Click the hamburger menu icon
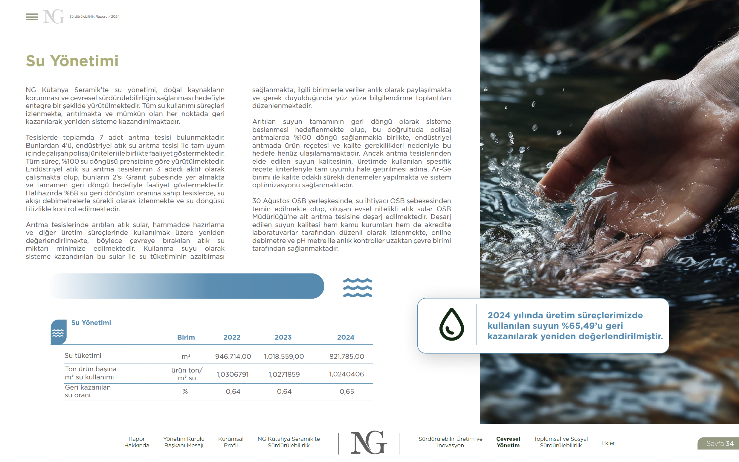(31, 17)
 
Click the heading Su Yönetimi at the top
(72, 61)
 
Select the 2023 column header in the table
(283, 337)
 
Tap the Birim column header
(186, 337)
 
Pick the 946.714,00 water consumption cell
(233, 356)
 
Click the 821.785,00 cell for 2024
(346, 356)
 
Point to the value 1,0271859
(284, 374)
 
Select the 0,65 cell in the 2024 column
(346, 391)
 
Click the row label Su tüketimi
(83, 355)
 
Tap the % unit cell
(185, 391)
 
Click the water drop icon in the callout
(451, 324)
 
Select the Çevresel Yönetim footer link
(508, 442)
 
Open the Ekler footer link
(608, 443)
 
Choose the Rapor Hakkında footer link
(136, 442)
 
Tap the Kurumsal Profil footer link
(230, 442)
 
